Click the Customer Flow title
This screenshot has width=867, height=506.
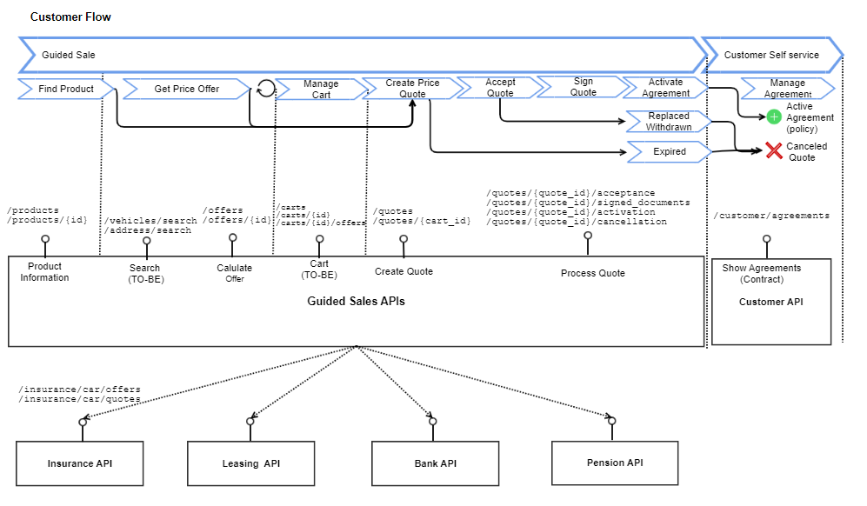click(70, 17)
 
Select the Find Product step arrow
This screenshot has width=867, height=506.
click(65, 89)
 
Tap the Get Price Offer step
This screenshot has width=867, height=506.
click(186, 89)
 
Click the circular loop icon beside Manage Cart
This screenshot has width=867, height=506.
click(265, 88)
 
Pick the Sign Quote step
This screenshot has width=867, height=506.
click(583, 87)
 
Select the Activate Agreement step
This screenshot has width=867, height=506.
click(666, 88)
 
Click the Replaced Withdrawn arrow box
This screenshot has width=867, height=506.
click(668, 122)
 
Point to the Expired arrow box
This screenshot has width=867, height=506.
click(669, 152)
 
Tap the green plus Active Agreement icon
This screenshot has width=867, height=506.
click(773, 117)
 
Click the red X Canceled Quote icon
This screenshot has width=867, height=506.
click(774, 150)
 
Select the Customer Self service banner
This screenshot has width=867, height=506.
click(771, 55)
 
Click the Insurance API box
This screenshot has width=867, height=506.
click(80, 463)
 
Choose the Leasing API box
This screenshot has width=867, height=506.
click(250, 463)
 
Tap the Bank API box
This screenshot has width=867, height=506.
click(435, 463)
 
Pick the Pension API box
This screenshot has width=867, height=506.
click(615, 463)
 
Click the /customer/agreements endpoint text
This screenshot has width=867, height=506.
click(771, 216)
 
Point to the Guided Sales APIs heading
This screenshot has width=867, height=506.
click(356, 302)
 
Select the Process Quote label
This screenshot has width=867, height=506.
click(592, 273)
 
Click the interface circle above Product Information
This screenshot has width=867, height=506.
click(45, 238)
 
